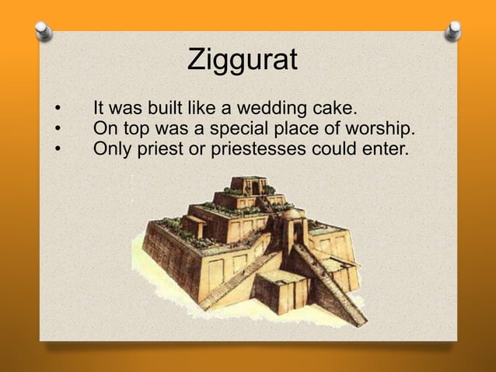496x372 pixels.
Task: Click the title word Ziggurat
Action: pos(243,60)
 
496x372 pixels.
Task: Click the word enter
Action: pos(386,147)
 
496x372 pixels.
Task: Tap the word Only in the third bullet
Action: pos(110,147)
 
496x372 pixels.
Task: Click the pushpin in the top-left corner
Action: pos(44,31)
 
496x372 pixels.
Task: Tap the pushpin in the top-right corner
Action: pos(453,30)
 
